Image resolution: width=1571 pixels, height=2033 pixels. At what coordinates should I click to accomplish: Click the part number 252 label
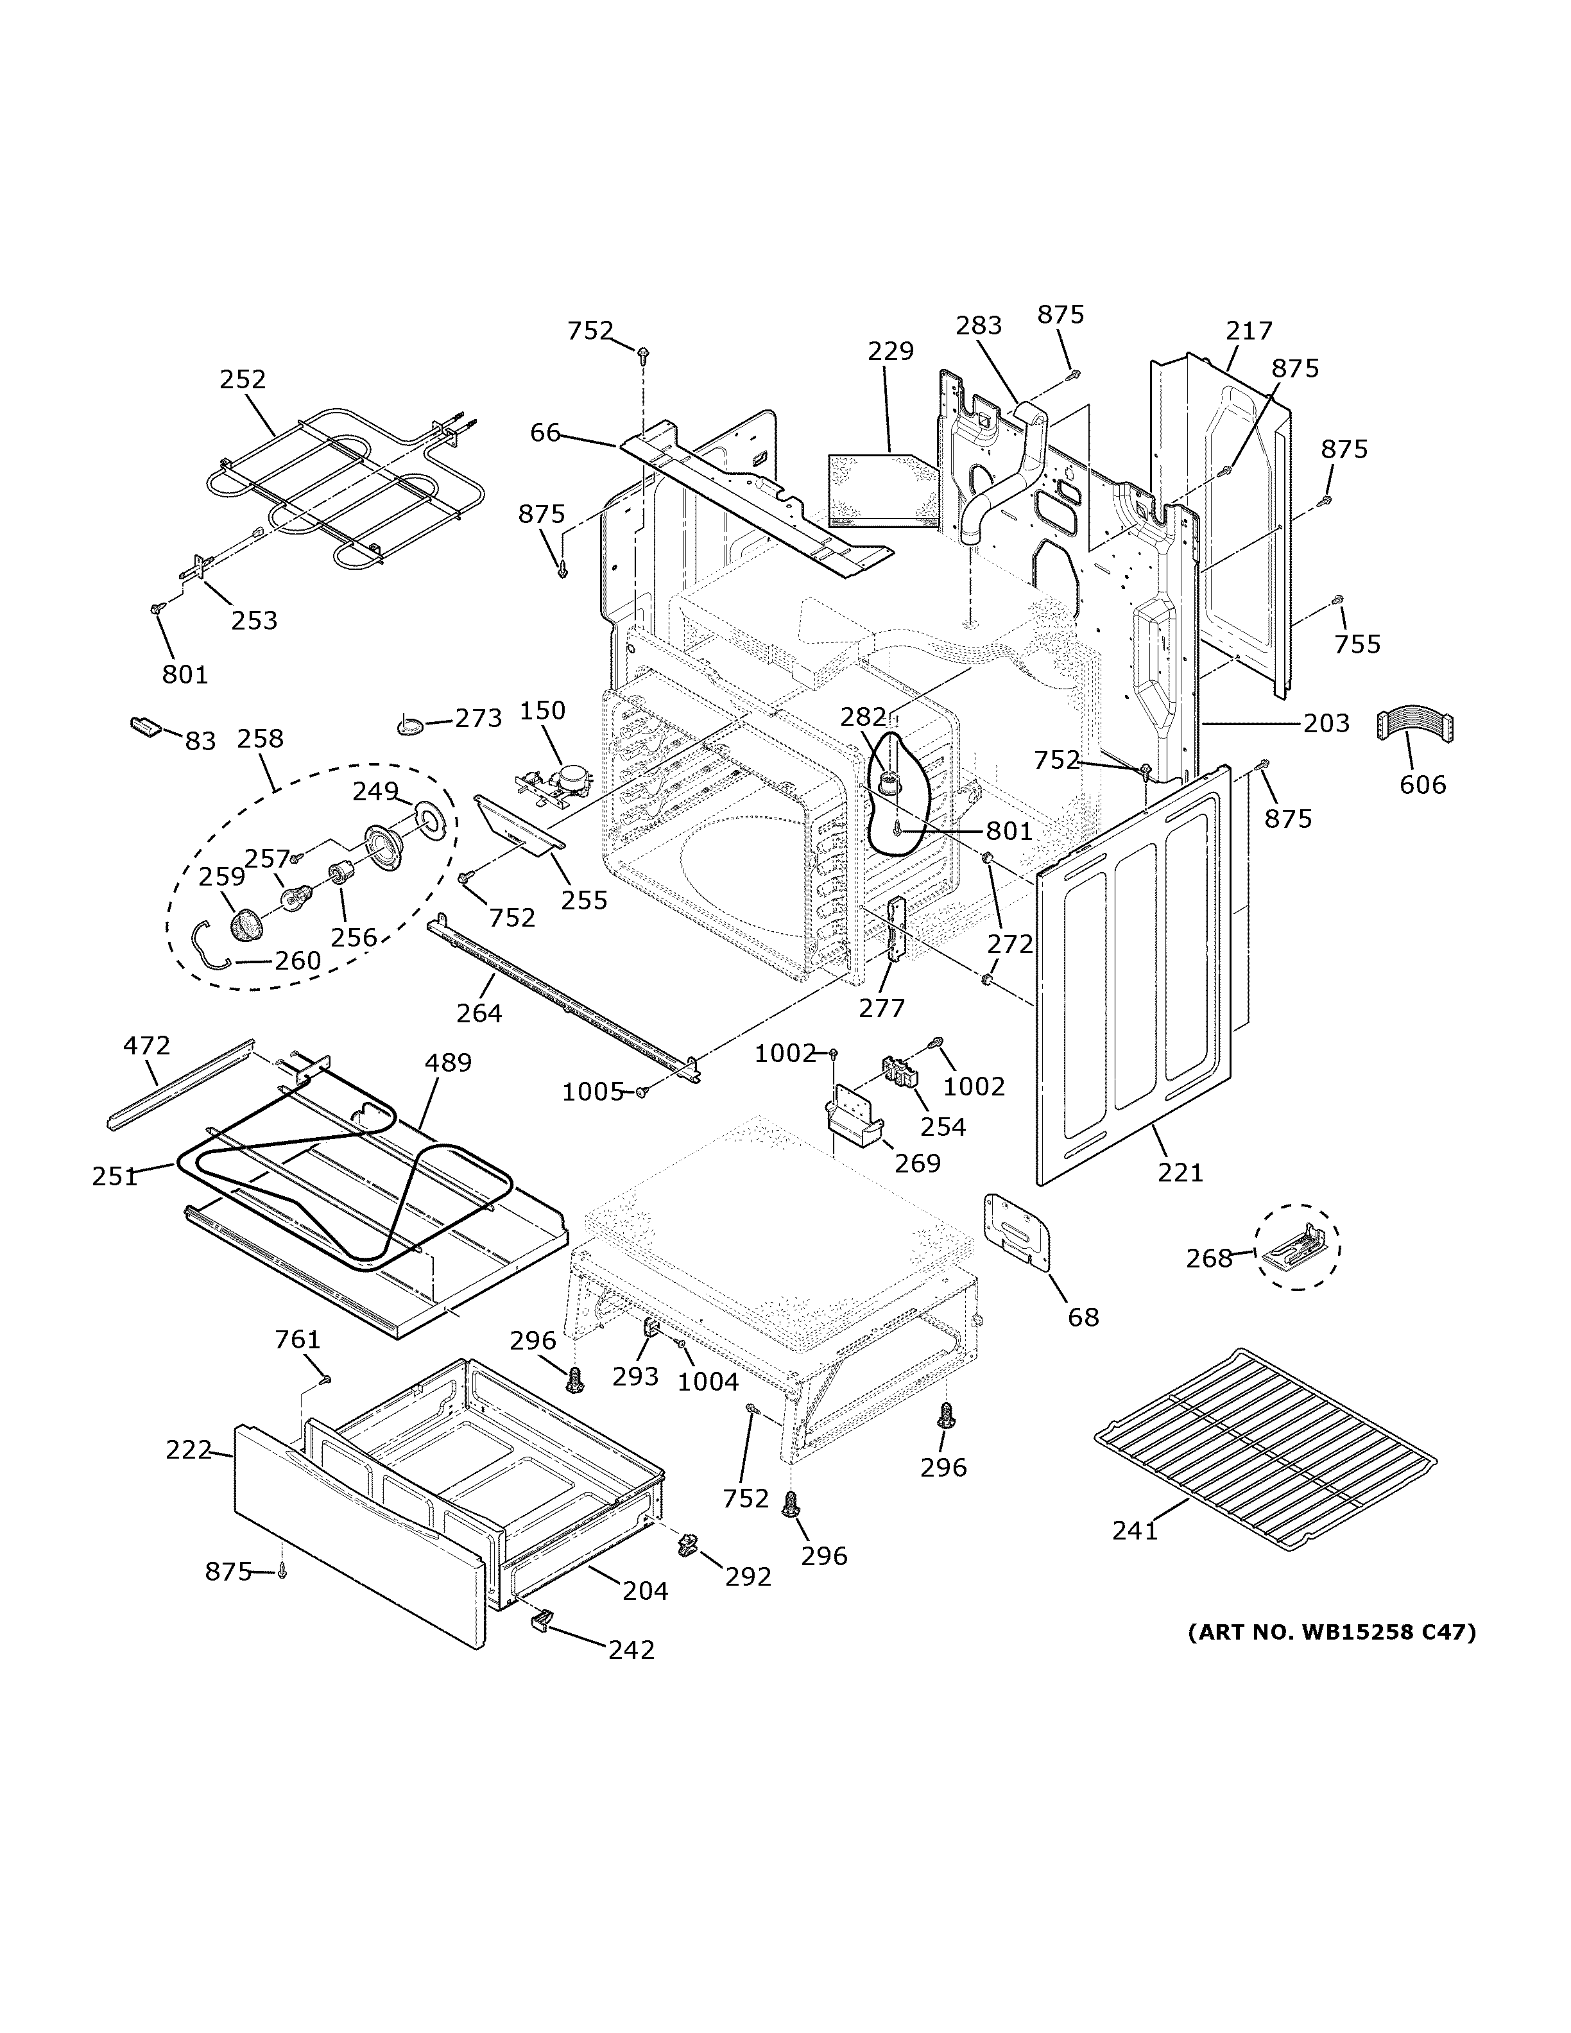point(243,380)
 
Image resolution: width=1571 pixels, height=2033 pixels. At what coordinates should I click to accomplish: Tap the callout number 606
point(1423,785)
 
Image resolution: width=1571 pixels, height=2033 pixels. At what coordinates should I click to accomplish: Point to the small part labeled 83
point(145,726)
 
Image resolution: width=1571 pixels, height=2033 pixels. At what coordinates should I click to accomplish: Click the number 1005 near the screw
point(592,1092)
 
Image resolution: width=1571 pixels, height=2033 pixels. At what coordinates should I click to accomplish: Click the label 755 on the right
point(1357,644)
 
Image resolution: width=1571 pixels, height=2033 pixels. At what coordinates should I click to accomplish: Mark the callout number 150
point(542,710)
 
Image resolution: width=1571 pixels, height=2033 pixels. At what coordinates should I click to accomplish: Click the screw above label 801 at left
point(157,609)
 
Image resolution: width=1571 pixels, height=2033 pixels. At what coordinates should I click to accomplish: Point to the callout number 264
point(479,1013)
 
